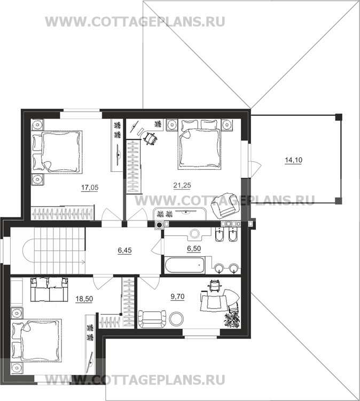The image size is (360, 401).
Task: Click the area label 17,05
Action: click(x=90, y=187)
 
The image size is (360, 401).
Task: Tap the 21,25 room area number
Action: click(x=182, y=185)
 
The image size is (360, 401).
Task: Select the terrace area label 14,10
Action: click(x=293, y=160)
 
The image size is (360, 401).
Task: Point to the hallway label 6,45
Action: click(x=124, y=250)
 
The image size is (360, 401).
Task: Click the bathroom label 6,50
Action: click(x=194, y=248)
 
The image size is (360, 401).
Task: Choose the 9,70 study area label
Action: click(x=177, y=296)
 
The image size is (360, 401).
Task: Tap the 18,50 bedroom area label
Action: click(x=84, y=298)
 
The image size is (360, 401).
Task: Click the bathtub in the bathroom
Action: click(x=184, y=265)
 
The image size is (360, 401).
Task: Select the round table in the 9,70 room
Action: click(x=176, y=318)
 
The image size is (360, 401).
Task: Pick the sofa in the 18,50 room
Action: click(x=49, y=289)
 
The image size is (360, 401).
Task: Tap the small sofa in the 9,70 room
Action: click(x=152, y=319)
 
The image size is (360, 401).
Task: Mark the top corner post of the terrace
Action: click(x=339, y=117)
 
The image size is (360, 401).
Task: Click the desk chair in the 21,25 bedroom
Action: click(x=151, y=139)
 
